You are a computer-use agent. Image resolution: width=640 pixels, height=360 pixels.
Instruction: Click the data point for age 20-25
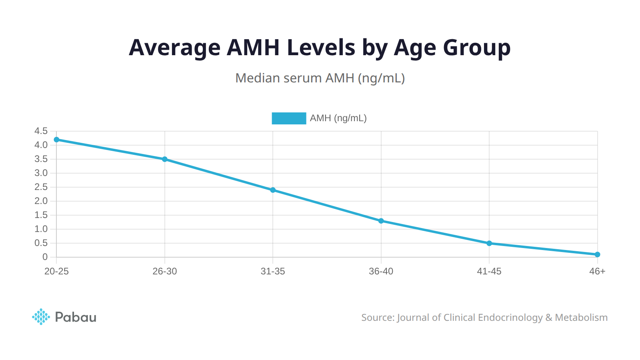(56, 140)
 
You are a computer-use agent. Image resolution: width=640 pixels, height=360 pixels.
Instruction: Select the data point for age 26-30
(165, 159)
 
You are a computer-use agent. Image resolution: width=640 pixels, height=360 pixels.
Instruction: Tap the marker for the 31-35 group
(273, 190)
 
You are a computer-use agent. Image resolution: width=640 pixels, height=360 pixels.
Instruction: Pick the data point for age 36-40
(381, 221)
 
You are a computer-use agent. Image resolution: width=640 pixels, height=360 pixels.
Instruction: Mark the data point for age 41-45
(489, 243)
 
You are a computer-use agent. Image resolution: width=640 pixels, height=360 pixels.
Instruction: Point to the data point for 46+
(597, 254)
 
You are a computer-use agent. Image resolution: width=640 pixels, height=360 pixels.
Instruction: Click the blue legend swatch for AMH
(289, 118)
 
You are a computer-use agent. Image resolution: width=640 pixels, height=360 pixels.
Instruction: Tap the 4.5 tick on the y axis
(41, 131)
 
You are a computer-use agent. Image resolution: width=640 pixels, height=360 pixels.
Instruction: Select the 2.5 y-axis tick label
(41, 187)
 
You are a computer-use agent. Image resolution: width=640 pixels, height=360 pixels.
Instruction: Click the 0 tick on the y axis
(45, 257)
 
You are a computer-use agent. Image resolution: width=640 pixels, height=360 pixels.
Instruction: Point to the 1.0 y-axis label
(41, 229)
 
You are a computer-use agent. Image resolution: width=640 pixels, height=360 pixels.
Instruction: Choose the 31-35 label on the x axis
(273, 271)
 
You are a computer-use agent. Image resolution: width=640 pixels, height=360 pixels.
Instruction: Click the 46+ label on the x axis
(597, 271)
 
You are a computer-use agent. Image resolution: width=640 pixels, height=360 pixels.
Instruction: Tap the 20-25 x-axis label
(56, 271)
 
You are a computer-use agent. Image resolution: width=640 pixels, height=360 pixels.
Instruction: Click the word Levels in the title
(321, 48)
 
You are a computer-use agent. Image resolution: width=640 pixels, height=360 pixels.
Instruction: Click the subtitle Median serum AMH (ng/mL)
(320, 78)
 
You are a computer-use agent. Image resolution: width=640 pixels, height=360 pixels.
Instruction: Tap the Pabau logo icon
(41, 317)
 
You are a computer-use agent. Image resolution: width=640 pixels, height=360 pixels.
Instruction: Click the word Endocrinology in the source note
(510, 318)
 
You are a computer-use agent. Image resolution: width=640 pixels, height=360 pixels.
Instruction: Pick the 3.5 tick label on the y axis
(41, 159)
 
